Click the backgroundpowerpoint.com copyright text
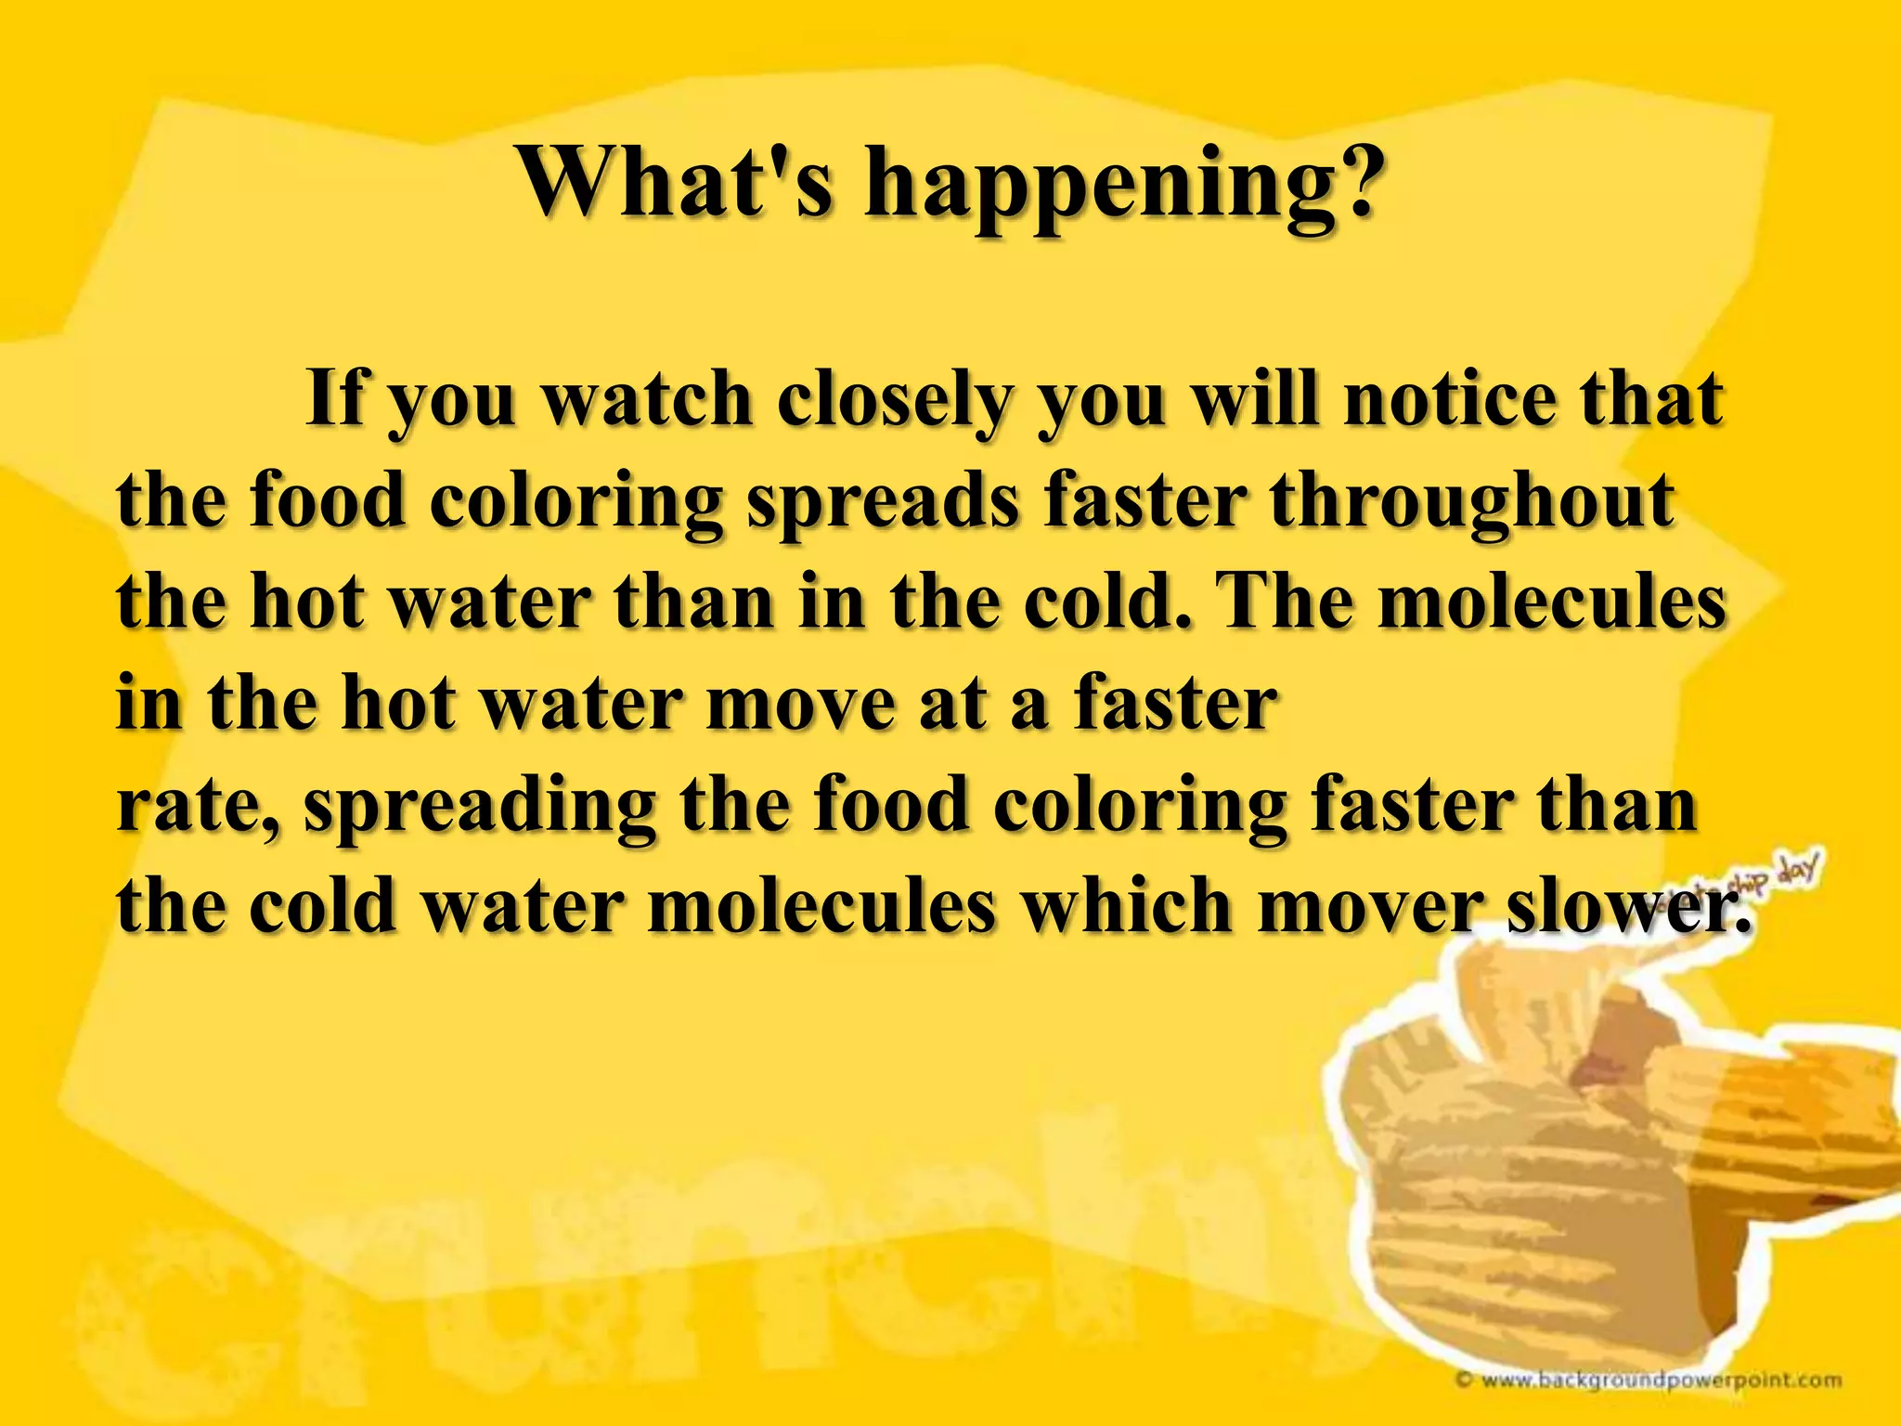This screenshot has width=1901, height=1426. click(x=1652, y=1380)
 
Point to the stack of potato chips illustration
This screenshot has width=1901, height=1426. click(x=1578, y=1170)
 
